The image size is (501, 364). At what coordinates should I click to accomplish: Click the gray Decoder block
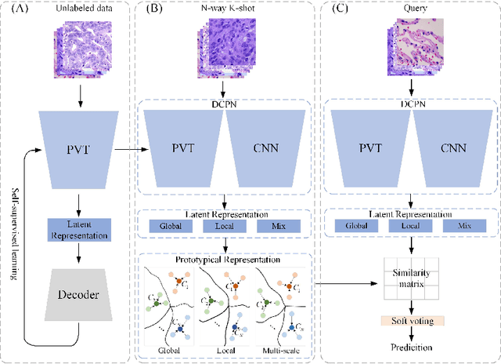(x=80, y=296)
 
